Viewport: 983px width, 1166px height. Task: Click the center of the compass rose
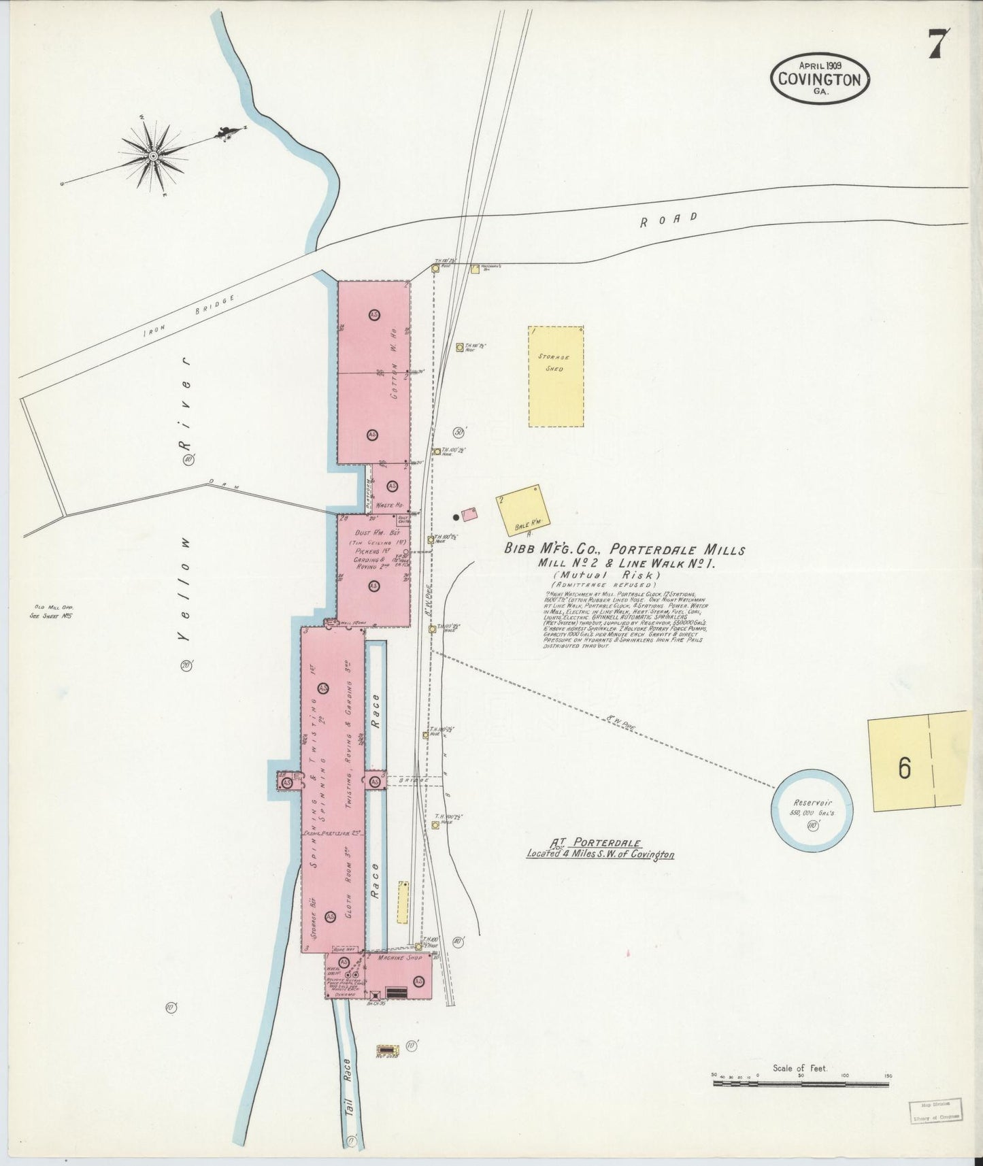[153, 156]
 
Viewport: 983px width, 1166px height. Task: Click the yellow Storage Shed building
[556, 376]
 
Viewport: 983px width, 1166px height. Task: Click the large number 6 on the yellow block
[904, 767]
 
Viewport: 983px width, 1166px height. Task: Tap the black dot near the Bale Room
[456, 517]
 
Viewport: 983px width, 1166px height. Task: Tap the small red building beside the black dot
[469, 514]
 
